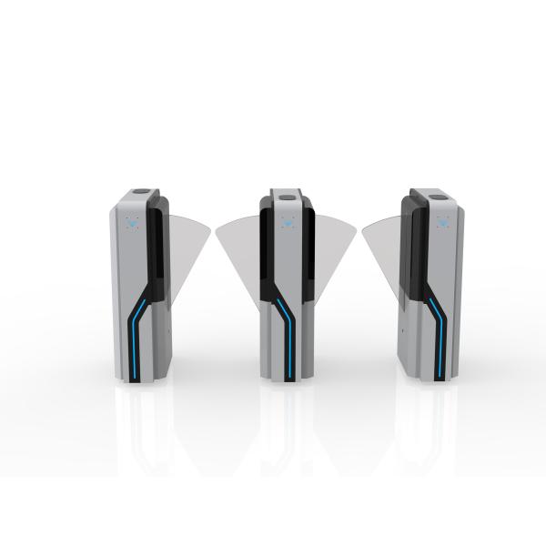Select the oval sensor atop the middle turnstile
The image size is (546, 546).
(x=285, y=195)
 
